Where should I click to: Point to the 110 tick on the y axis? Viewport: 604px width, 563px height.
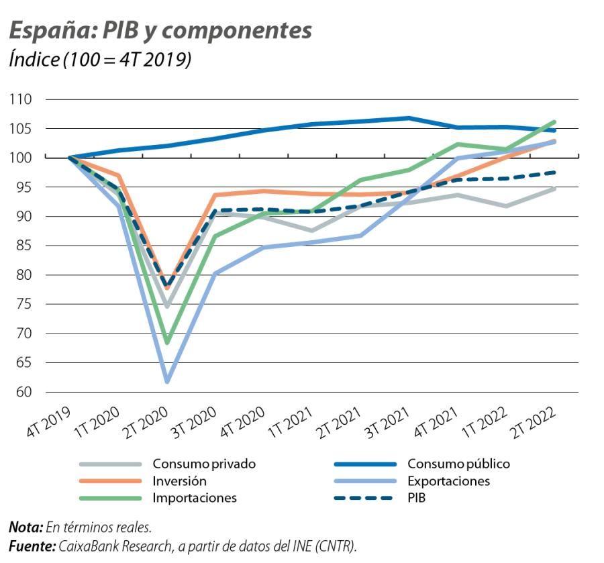click(20, 99)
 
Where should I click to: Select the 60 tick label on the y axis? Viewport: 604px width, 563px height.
click(21, 392)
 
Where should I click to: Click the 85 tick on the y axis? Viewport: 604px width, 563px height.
click(21, 246)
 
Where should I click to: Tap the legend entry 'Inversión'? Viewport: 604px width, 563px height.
click(179, 481)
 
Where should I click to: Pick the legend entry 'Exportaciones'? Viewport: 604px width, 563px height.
click(448, 481)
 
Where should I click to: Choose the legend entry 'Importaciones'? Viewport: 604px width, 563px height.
click(195, 498)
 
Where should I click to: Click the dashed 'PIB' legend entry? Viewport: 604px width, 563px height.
click(416, 498)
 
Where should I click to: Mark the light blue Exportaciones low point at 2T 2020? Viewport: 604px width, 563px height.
click(167, 381)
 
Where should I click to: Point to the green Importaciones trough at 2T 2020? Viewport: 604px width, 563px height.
click(167, 342)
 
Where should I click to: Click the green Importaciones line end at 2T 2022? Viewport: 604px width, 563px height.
click(554, 122)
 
